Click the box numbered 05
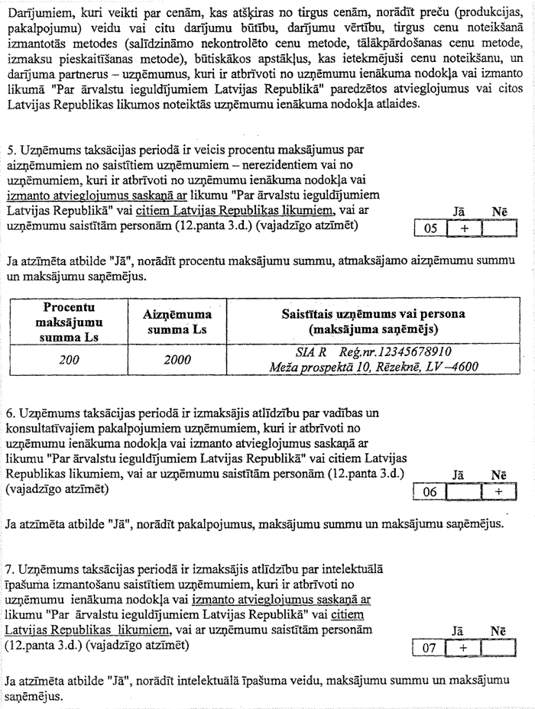[x=430, y=228]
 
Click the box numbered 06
[x=430, y=492]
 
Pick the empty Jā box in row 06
[x=463, y=492]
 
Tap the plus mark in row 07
[x=463, y=648]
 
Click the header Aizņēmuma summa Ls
[x=177, y=322]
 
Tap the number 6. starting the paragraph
[x=11, y=413]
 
